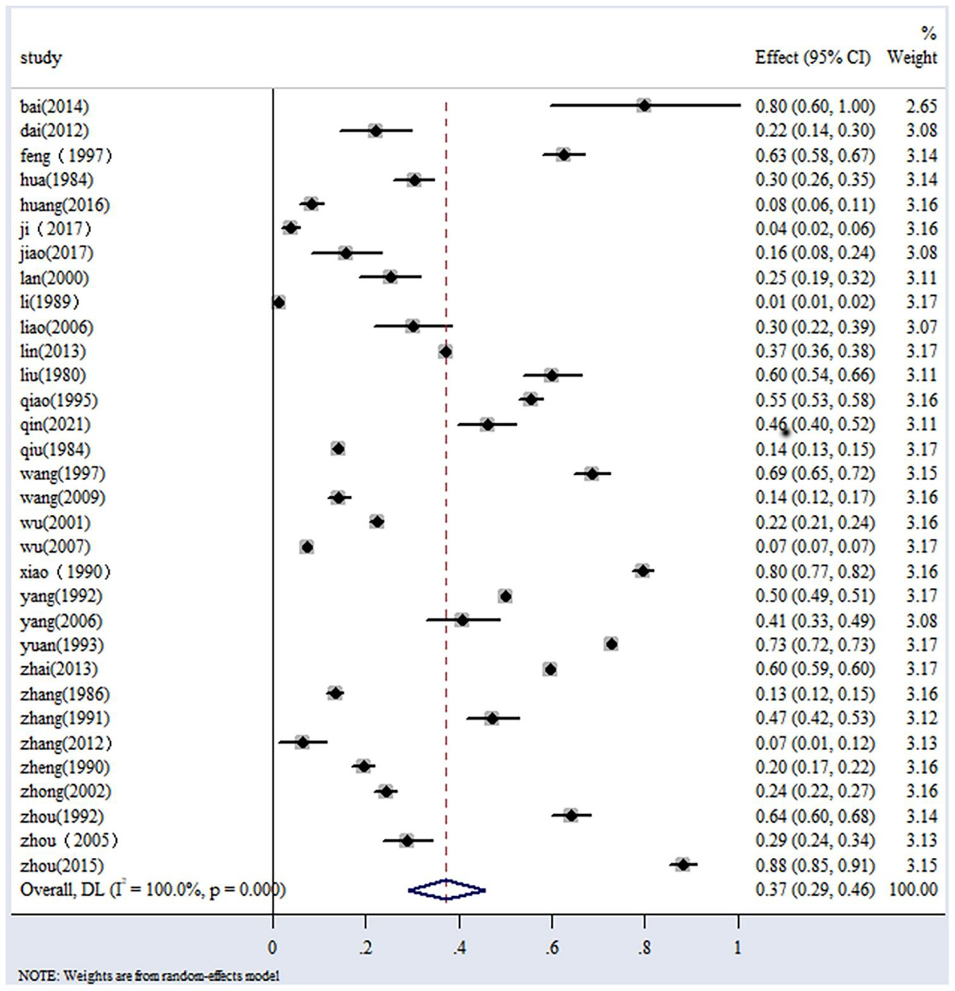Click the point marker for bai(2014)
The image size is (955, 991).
pyautogui.click(x=643, y=106)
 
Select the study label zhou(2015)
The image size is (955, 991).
pyautogui.click(x=61, y=865)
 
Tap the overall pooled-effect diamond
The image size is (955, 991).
pyautogui.click(x=446, y=890)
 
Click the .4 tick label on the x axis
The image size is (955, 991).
pyautogui.click(x=459, y=948)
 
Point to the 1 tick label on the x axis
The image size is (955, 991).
pyautogui.click(x=737, y=948)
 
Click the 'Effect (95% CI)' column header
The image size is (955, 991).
pyautogui.click(x=813, y=57)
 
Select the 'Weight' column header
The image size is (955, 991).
pyautogui.click(x=912, y=57)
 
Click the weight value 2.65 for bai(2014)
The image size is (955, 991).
pyautogui.click(x=921, y=106)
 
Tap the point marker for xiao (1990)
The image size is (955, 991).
pyautogui.click(x=642, y=571)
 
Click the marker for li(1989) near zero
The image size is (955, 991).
pyautogui.click(x=279, y=302)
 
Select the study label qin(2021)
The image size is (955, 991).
pyautogui.click(x=55, y=425)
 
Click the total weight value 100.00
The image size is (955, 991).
pyautogui.click(x=913, y=890)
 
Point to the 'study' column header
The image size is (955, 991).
pyautogui.click(x=41, y=57)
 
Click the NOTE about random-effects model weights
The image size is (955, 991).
pyautogui.click(x=149, y=976)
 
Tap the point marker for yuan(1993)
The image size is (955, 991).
pyautogui.click(x=611, y=644)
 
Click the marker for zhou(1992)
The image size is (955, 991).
pyautogui.click(x=571, y=815)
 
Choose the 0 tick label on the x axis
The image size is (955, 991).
pyautogui.click(x=273, y=948)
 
